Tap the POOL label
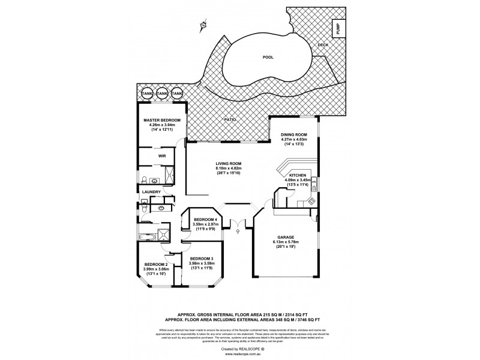[x=268, y=58]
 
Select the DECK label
[x=322, y=45]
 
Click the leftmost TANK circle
[x=146, y=94]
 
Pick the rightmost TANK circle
[x=176, y=94]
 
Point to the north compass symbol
[x=203, y=25]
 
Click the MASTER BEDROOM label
[x=158, y=121]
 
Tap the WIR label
[x=161, y=155]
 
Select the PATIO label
[x=229, y=120]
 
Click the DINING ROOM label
[x=294, y=134]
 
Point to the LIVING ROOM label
[x=229, y=163]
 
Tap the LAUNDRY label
[x=152, y=192]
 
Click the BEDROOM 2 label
[x=155, y=264]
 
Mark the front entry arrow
[x=238, y=226]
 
